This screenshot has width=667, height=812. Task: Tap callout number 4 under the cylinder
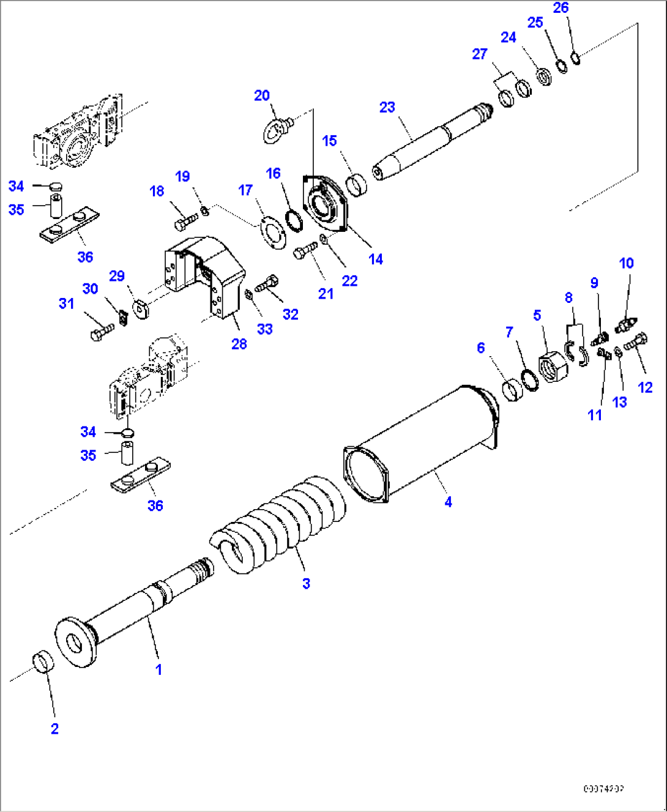tap(448, 502)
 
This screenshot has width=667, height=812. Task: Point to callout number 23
tap(387, 107)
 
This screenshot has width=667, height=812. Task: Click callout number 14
tap(376, 259)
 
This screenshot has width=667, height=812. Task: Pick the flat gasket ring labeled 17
tap(272, 232)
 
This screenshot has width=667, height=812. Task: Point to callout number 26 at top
tap(561, 8)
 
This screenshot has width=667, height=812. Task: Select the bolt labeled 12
tap(636, 342)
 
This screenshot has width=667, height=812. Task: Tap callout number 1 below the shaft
tap(158, 669)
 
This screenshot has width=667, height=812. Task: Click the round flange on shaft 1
tap(75, 642)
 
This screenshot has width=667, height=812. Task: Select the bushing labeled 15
tap(356, 185)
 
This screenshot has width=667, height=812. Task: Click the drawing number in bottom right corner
tap(603, 789)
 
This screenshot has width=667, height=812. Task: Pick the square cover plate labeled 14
tap(326, 204)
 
